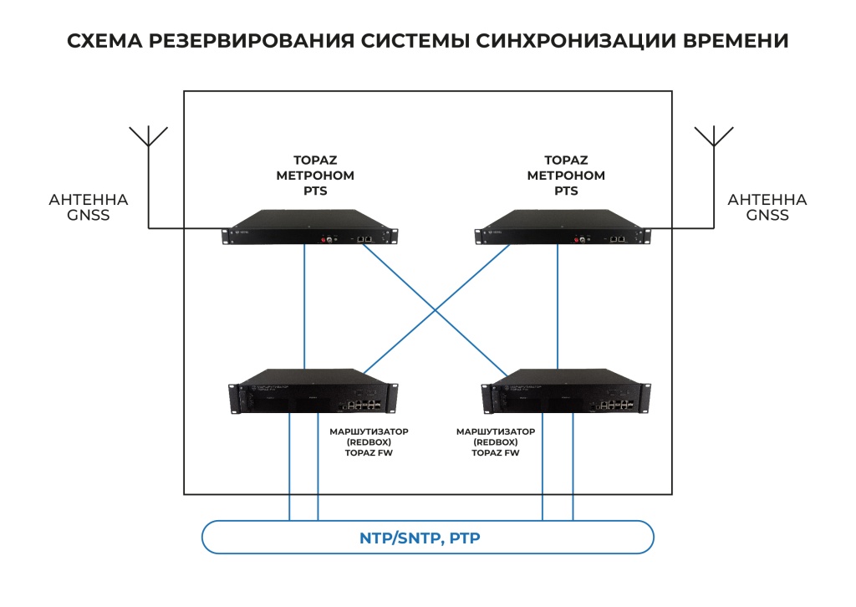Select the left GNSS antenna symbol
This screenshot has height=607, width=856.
point(147,136)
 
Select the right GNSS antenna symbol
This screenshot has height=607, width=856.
point(714,136)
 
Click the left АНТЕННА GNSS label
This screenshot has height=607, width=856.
point(89,207)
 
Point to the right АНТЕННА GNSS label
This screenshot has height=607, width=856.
point(767,207)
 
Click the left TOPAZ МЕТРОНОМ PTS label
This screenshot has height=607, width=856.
point(315,176)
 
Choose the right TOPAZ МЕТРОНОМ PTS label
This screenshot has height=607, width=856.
point(566,176)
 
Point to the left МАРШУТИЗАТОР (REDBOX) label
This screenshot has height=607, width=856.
point(364,441)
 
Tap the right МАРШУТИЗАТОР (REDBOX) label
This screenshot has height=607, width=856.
point(496,441)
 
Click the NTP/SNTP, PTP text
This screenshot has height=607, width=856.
point(420,538)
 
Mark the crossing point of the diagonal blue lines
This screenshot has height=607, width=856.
point(434,310)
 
